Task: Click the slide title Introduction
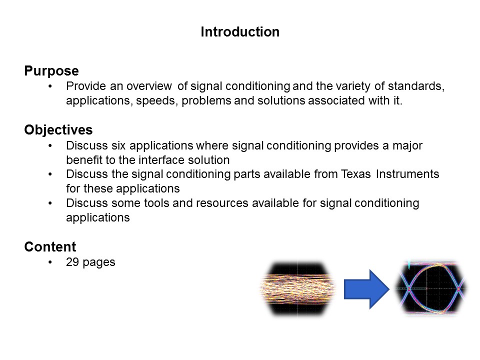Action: tap(240, 32)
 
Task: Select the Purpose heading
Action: tap(51, 71)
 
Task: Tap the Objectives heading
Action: tap(58, 130)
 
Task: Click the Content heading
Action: tap(50, 246)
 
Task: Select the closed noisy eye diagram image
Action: tap(298, 289)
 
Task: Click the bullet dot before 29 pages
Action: tap(50, 262)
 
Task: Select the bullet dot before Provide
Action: tap(50, 86)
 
